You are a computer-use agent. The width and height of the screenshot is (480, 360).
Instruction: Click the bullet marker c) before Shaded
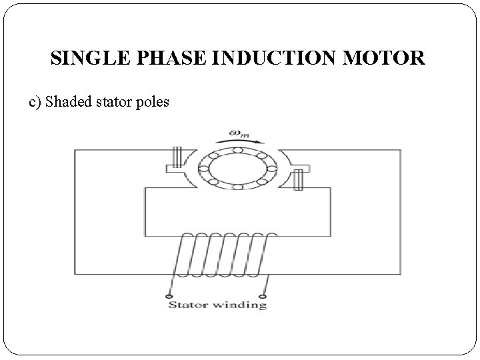(x=35, y=103)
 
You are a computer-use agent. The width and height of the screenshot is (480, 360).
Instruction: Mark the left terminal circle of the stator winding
(x=170, y=295)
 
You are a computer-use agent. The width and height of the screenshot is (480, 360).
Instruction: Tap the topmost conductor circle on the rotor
(x=237, y=150)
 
